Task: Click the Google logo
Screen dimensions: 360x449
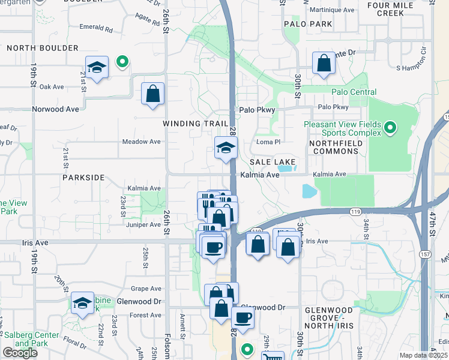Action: click(20, 353)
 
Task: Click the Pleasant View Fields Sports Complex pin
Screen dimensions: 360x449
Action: click(390, 127)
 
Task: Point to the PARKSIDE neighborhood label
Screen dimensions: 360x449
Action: click(83, 178)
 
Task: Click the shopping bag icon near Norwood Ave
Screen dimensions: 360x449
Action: click(152, 94)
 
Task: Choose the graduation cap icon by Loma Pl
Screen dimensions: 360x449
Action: click(226, 148)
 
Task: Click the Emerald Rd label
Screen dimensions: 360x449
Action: click(96, 28)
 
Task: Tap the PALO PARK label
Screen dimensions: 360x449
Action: click(309, 24)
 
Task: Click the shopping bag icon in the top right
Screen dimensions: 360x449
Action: click(324, 64)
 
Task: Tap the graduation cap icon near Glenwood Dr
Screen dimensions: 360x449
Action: click(82, 303)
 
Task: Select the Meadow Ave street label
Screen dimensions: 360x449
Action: click(142, 142)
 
